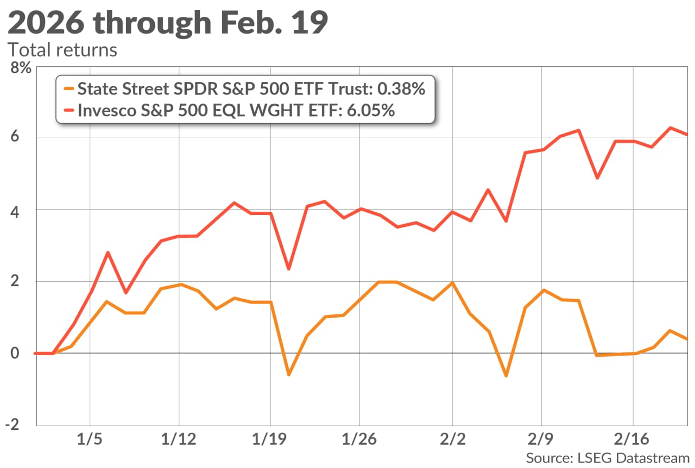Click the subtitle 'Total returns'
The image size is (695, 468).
coord(62,50)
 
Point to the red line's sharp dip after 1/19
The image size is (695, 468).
coord(288,269)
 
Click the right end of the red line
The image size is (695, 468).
coord(687,134)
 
